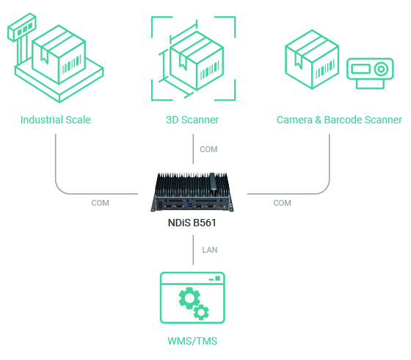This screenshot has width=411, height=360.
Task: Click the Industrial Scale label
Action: (x=56, y=120)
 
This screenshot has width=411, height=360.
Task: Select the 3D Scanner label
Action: (x=193, y=120)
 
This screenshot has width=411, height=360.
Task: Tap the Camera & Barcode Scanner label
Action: (x=339, y=120)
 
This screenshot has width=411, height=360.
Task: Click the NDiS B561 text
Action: (x=193, y=222)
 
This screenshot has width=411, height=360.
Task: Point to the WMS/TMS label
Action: (x=192, y=342)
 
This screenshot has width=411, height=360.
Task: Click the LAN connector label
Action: (x=210, y=250)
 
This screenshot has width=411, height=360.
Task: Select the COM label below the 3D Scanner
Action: (x=209, y=149)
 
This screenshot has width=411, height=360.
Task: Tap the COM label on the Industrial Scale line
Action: (x=101, y=203)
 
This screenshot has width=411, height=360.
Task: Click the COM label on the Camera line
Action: (x=282, y=203)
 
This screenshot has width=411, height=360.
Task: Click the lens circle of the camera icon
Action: (x=380, y=69)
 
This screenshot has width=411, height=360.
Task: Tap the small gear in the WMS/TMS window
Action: (x=199, y=312)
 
